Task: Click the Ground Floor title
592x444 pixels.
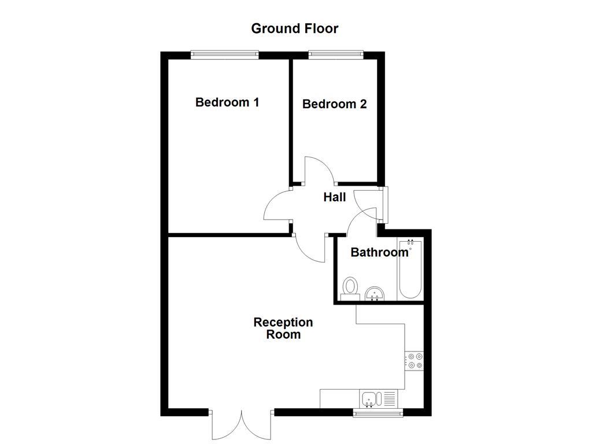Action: (294, 28)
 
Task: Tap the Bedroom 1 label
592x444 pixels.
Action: (227, 102)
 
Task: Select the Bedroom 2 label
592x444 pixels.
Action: (334, 104)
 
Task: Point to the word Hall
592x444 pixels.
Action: (334, 197)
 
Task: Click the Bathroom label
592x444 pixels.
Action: (379, 253)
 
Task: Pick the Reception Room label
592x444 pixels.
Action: (283, 328)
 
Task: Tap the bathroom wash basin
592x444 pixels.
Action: (376, 293)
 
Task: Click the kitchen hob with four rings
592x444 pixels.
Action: (415, 360)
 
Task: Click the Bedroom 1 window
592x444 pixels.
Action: (225, 55)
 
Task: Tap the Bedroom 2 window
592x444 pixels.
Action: (336, 55)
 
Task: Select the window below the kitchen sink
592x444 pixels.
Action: (379, 412)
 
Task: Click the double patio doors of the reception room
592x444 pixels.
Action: (241, 425)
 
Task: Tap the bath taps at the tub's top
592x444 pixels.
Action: (410, 242)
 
